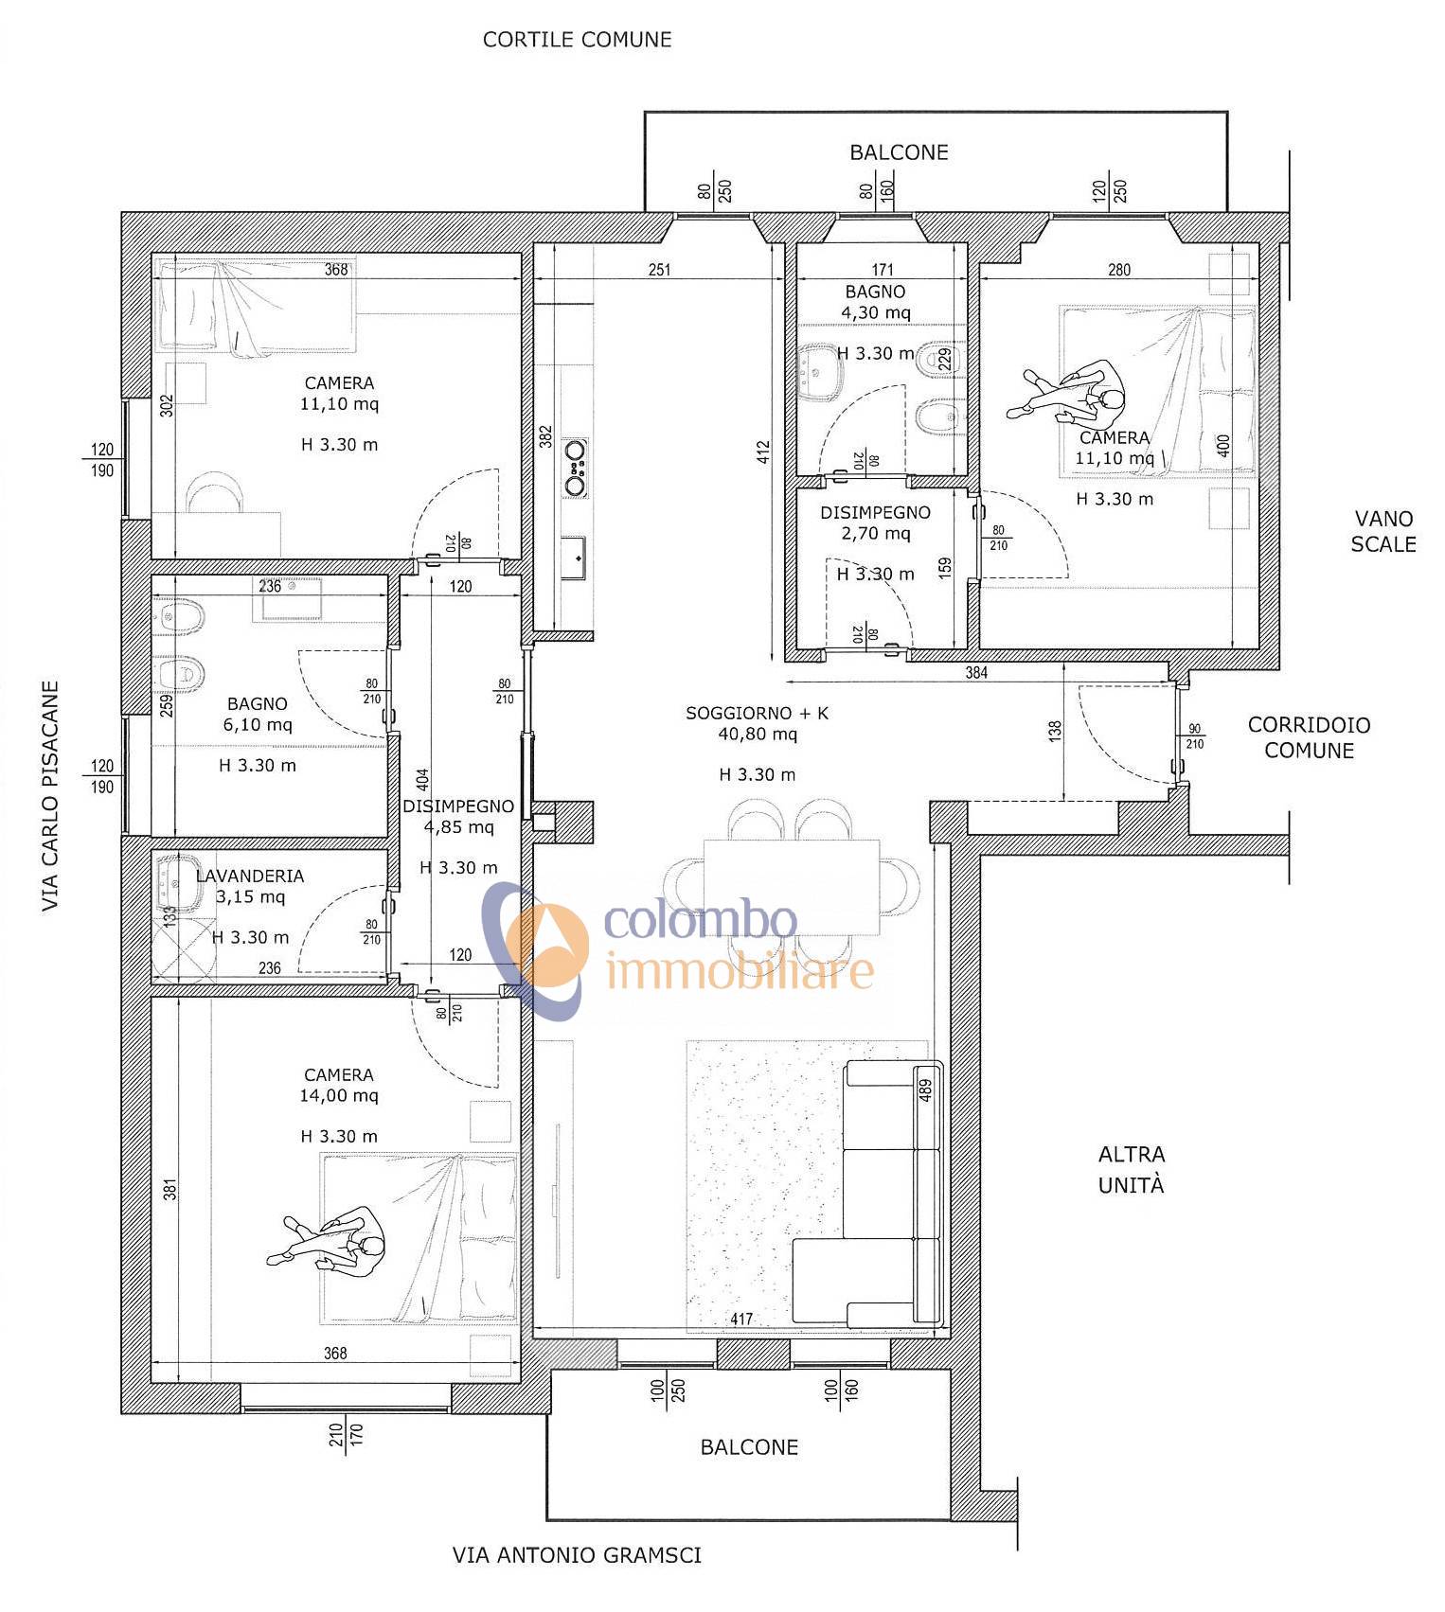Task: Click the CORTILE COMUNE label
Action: click(577, 40)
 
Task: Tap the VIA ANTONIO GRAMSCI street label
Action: click(577, 1554)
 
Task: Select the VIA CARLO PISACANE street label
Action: click(50, 796)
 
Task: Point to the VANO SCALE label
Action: click(1383, 531)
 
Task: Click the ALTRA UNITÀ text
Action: click(1132, 1169)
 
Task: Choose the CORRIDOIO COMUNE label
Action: click(1309, 737)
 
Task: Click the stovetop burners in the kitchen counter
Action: click(575, 467)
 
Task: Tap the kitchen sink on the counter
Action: click(574, 557)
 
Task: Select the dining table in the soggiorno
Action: click(792, 885)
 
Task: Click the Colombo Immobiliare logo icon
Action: click(534, 949)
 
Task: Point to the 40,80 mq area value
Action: click(758, 734)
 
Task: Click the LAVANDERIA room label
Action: click(250, 876)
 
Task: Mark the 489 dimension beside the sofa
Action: click(926, 1089)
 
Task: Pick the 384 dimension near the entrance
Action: click(976, 673)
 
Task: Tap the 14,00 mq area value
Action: click(339, 1095)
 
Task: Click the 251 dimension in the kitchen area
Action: click(659, 270)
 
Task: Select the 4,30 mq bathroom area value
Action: click(876, 312)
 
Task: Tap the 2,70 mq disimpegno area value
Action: click(876, 533)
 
